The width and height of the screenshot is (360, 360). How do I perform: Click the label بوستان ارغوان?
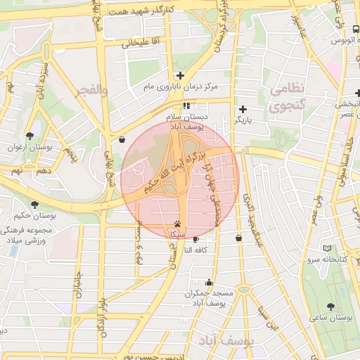(30, 147)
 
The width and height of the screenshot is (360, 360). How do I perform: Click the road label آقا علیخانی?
(141, 43)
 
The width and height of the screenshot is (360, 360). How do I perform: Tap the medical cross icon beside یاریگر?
(243, 108)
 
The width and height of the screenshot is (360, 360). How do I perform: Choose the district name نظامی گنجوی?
(287, 97)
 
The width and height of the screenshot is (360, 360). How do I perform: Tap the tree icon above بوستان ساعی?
(330, 307)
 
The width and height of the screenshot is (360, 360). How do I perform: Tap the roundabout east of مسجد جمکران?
(243, 289)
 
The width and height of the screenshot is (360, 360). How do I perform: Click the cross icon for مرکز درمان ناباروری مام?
(180, 75)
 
